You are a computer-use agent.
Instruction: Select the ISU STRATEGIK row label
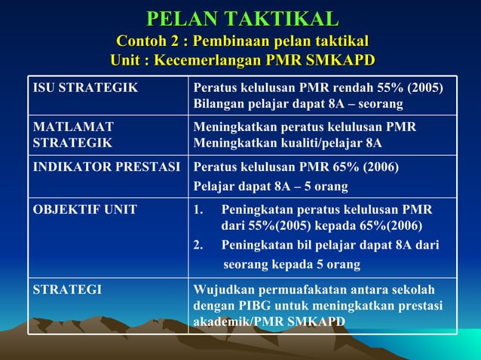[85, 87]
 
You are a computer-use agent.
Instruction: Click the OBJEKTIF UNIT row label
[84, 209]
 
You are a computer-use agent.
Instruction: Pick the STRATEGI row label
[67, 289]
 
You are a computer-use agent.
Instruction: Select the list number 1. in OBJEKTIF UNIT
[199, 209]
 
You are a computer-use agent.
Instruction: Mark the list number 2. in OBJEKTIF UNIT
[199, 246]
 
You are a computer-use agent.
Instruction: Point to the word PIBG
[247, 306]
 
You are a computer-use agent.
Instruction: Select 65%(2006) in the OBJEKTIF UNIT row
[384, 226]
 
